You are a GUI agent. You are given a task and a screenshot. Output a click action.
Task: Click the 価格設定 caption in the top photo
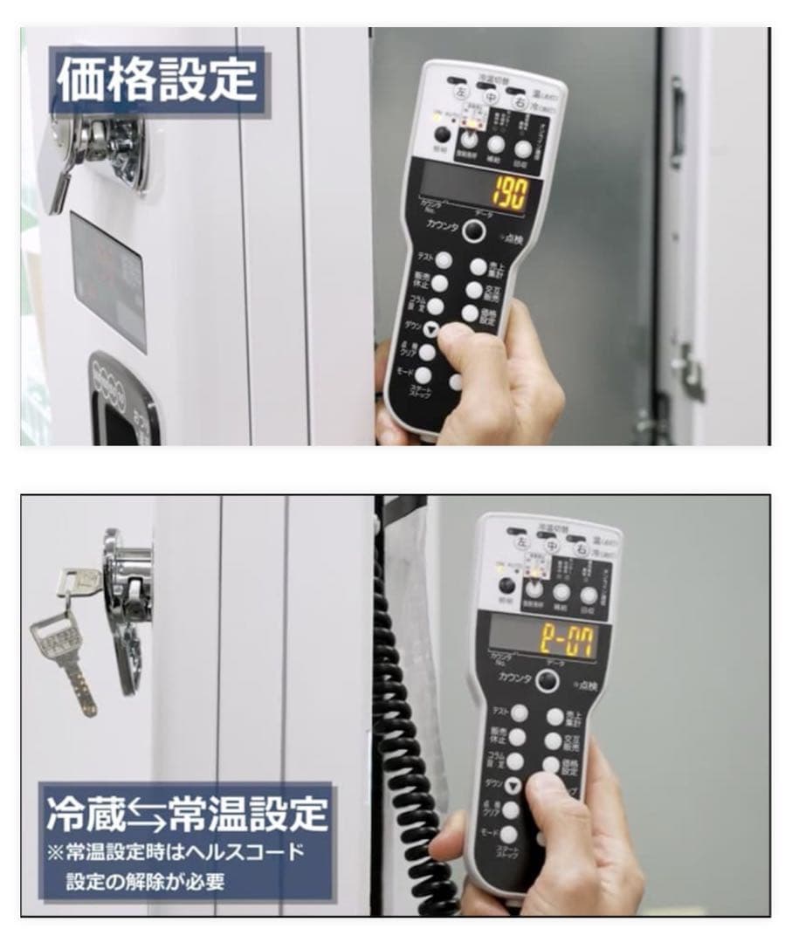coord(157,81)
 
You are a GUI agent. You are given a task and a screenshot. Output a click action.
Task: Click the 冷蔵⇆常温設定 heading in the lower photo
coord(188,812)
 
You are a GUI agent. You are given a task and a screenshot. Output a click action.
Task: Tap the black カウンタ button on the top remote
coord(472,230)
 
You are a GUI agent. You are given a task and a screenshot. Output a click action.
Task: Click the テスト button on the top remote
coord(444,260)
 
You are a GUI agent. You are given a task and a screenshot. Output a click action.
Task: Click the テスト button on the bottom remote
coord(519,712)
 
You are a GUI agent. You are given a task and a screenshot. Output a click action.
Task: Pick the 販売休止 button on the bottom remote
coord(517,737)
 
